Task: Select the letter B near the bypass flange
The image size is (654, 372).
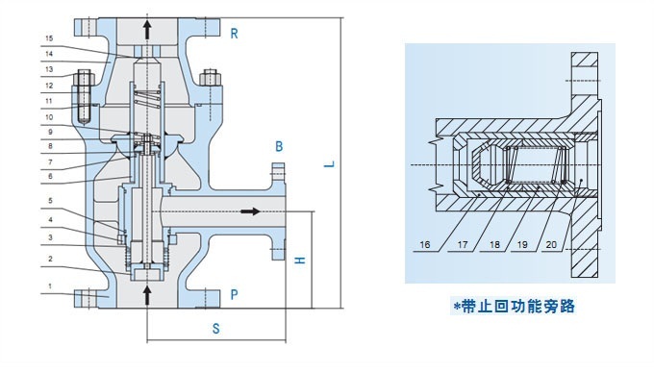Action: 279,146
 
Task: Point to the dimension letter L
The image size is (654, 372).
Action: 329,164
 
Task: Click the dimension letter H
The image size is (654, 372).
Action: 299,261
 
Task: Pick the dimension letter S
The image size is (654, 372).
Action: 216,329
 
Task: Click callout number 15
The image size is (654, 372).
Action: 48,38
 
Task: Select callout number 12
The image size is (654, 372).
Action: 48,85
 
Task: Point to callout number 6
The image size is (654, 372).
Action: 48,177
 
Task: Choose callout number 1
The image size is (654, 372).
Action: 48,286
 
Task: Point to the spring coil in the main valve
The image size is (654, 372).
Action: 146,95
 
